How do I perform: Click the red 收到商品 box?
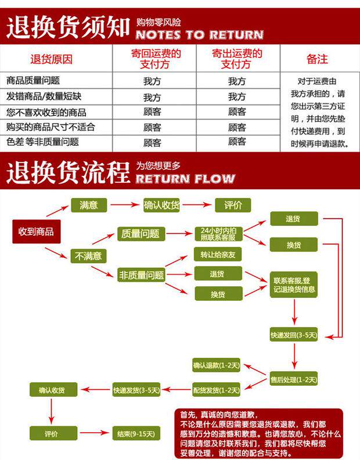click(36, 231)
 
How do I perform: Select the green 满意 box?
click(88, 205)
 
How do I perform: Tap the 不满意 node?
click(88, 256)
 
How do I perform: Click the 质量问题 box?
click(140, 234)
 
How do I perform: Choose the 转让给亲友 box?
click(217, 255)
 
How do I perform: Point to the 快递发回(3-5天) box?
click(294, 335)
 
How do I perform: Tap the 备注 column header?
click(317, 59)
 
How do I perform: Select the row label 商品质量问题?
click(33, 81)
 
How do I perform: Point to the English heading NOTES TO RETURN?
click(199, 34)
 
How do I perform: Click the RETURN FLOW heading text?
click(185, 178)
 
